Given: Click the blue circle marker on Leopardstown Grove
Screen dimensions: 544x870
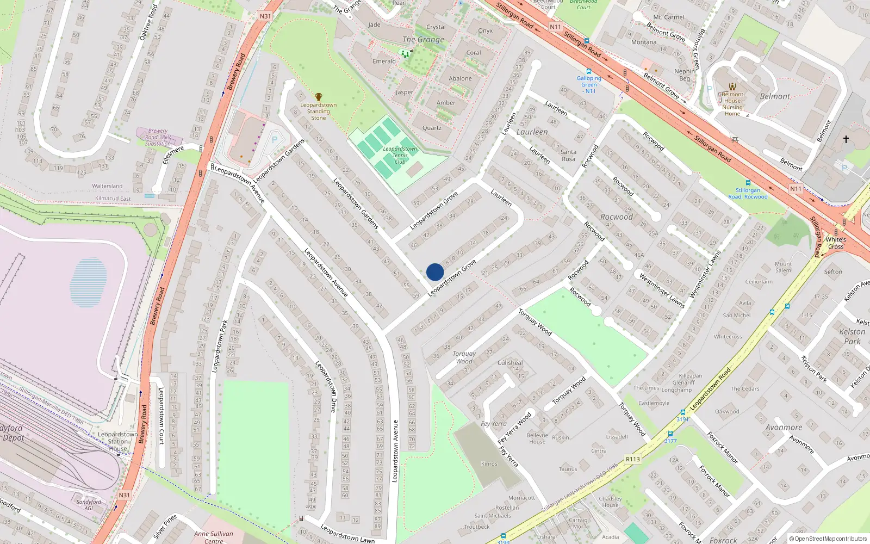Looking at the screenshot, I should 435,272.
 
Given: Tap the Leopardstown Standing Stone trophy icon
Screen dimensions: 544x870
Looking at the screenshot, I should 319,97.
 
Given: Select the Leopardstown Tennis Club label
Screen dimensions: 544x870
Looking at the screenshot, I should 400,155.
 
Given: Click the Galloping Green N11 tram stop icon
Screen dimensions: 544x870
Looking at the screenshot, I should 589,71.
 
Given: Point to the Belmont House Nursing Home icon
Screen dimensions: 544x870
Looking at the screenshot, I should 732,86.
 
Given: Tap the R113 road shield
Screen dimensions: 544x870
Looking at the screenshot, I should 633,459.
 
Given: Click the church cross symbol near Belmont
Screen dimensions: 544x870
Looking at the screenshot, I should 846,139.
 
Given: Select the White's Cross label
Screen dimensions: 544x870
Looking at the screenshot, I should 836,243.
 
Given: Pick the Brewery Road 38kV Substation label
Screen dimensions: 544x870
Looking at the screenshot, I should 158,137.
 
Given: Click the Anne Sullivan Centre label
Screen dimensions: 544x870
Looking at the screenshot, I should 214,537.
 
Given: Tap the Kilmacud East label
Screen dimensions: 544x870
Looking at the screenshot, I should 113,199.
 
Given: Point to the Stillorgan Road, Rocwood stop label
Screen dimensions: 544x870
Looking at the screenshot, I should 748,194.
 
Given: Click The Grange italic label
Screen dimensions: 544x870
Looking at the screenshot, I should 423,39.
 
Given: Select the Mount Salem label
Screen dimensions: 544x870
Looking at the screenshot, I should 783,267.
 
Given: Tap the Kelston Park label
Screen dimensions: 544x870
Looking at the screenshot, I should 852,336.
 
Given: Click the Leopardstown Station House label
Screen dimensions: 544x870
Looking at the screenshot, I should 118,442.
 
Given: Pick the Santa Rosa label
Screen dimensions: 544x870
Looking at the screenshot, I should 568,156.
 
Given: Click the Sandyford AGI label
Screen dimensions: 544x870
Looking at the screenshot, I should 89,505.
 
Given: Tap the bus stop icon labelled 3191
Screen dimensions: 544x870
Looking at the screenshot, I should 682,412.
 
